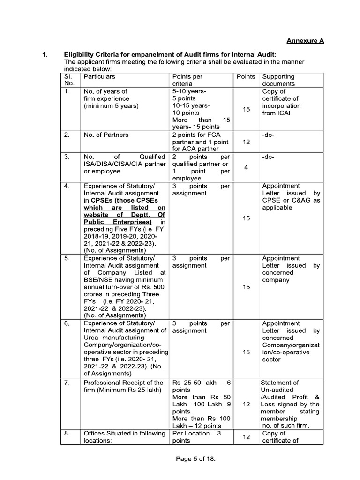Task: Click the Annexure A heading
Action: (305, 41)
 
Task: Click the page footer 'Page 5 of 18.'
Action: (195, 459)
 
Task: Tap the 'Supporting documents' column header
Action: (278, 80)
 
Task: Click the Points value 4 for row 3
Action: (246, 167)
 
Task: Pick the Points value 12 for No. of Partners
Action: (246, 142)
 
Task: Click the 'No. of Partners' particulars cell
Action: (106, 135)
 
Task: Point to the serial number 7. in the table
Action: (67, 383)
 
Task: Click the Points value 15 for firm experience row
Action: (246, 109)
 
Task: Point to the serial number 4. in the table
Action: (67, 186)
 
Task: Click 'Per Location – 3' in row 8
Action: (196, 434)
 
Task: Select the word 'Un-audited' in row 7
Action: (277, 390)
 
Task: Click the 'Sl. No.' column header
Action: (69, 80)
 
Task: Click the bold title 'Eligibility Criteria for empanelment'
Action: (125, 55)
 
